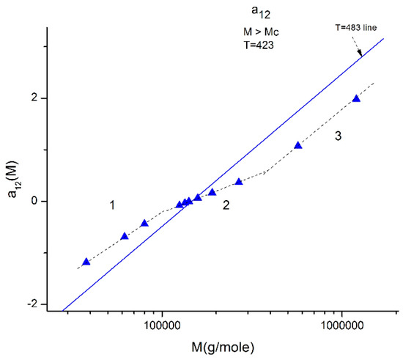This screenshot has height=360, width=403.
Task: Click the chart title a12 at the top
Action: [261, 13]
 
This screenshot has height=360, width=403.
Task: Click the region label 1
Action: [112, 206]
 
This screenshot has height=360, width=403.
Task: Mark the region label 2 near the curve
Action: [226, 206]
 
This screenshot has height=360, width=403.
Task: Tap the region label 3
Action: [339, 136]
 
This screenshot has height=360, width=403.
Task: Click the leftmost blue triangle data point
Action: [86, 262]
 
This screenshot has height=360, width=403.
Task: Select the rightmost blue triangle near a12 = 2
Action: [356, 98]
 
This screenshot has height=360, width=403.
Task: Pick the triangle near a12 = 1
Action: [297, 145]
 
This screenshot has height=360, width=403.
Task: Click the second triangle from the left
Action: [125, 236]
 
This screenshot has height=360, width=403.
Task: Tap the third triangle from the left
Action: [144, 223]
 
